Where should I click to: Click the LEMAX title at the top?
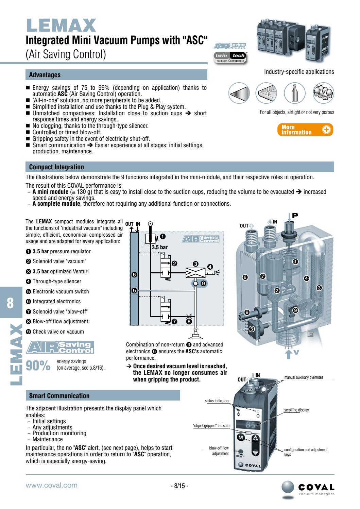click(61, 25)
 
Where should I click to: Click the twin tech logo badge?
click(230, 57)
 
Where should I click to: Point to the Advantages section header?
click(45, 75)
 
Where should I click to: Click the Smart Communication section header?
click(59, 396)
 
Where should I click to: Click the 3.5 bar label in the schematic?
click(160, 248)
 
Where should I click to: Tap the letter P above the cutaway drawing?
click(295, 216)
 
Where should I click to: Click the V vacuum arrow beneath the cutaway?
click(295, 353)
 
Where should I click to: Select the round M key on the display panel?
click(240, 437)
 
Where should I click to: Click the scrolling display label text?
click(296, 410)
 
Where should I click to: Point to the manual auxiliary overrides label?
click(304, 377)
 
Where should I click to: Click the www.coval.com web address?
click(52, 485)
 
